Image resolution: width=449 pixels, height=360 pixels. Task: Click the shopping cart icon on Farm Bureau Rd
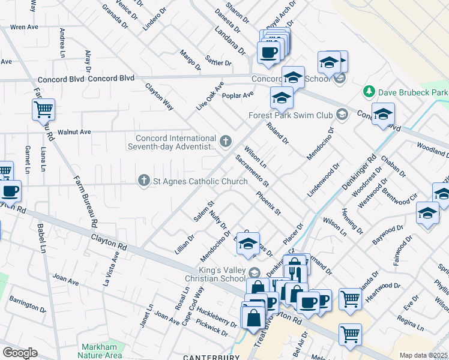43,110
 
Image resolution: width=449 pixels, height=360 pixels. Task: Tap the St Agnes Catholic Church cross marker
143,180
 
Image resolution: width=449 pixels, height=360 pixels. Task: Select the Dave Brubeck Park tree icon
368,92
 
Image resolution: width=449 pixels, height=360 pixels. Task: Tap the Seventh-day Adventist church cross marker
226,142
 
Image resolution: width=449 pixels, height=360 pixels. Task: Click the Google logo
20,352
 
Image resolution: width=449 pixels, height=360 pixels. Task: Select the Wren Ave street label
25,27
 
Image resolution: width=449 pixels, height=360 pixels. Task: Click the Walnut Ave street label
73,131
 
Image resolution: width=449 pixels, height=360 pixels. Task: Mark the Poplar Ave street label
238,95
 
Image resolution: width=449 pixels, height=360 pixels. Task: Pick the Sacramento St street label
252,170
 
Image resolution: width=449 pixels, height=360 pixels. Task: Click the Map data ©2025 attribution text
424,355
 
